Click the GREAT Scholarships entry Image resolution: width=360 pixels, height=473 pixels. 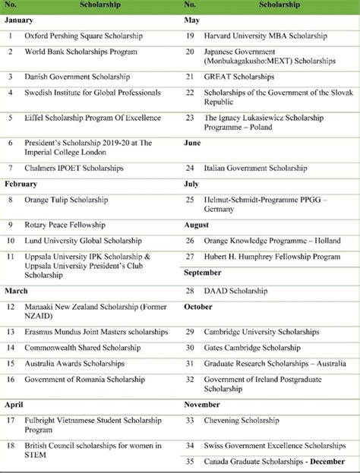[x=238, y=77]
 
